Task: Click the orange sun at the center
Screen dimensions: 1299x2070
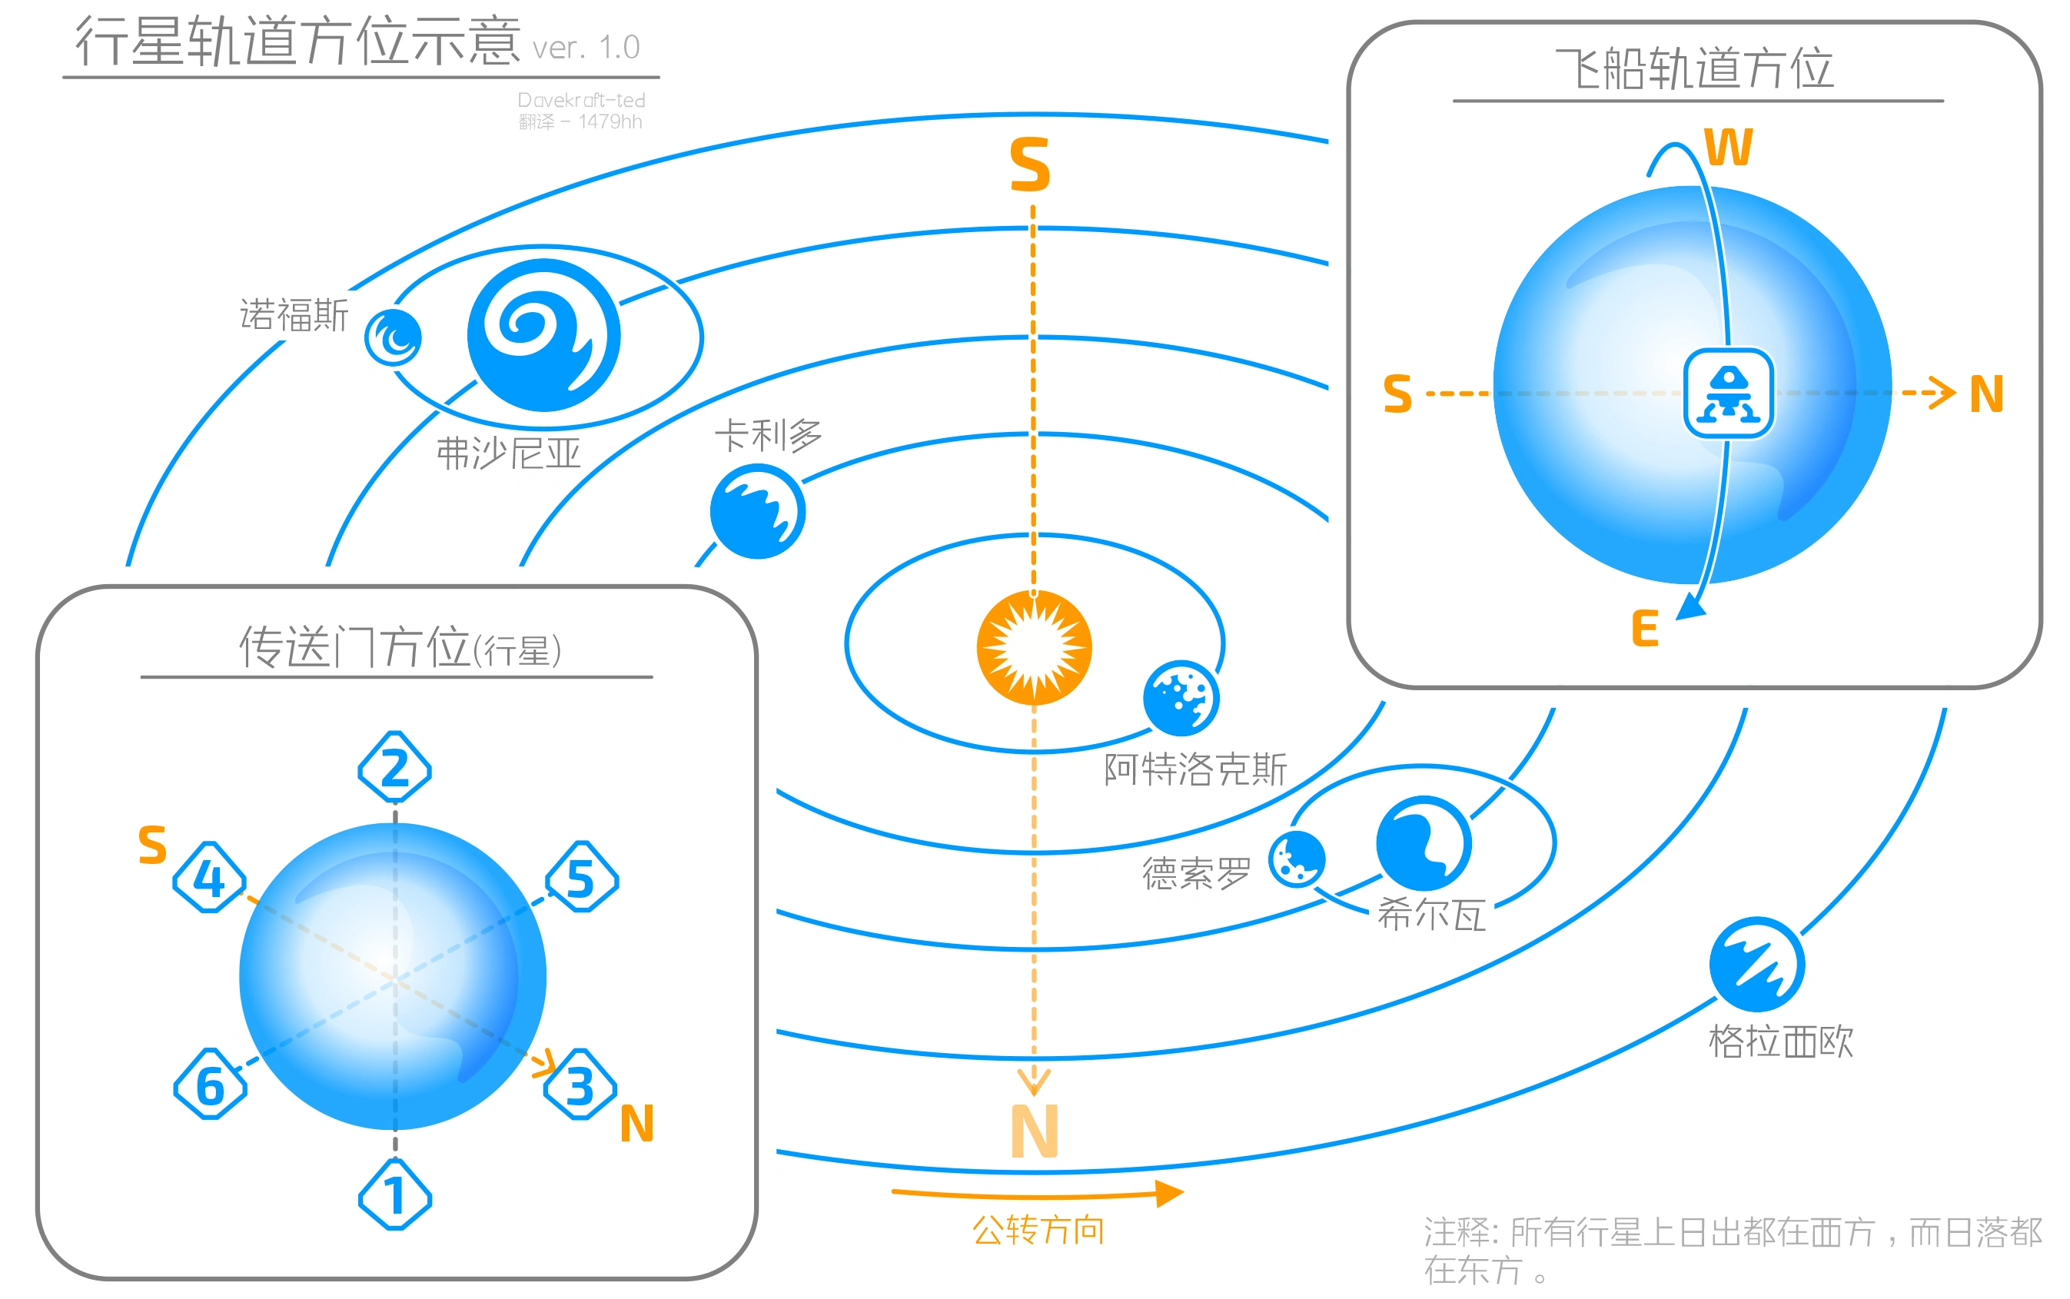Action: (x=1033, y=648)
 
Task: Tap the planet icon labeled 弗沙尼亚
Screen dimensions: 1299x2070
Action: (x=543, y=335)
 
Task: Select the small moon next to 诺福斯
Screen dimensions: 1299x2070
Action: (x=393, y=337)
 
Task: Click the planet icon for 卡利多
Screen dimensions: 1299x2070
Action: (x=758, y=511)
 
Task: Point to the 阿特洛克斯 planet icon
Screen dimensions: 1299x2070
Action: (x=1181, y=698)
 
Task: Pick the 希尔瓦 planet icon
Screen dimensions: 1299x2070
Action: (x=1424, y=842)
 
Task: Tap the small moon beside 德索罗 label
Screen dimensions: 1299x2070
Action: (x=1297, y=859)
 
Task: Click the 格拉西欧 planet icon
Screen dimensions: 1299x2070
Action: (x=1756, y=964)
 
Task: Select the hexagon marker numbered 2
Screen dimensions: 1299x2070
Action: (x=395, y=767)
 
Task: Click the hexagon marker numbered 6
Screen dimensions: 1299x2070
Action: (x=211, y=1085)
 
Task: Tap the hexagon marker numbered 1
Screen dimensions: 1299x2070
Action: (x=395, y=1194)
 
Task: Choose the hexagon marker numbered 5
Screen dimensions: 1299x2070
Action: (x=581, y=876)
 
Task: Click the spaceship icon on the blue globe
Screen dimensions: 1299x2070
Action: (x=1728, y=394)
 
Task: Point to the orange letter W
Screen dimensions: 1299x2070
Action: (x=1728, y=148)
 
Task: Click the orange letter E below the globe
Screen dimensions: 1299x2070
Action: (x=1644, y=629)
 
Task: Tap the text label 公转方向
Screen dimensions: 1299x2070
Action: (x=1038, y=1231)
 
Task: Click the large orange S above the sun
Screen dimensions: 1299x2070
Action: (x=1030, y=165)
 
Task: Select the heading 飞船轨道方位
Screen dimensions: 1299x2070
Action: (x=1695, y=68)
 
